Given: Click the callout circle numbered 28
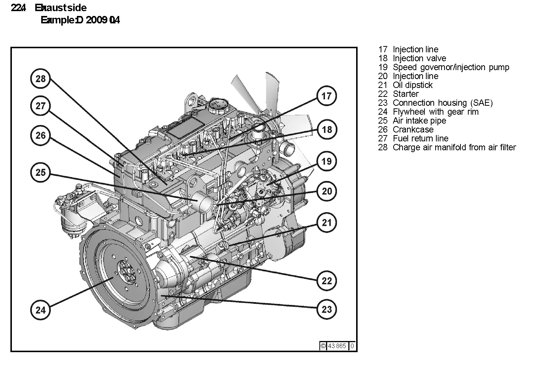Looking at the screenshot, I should click(x=40, y=78).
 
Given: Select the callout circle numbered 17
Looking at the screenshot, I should click(x=326, y=96).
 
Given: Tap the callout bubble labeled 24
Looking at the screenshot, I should click(x=40, y=309).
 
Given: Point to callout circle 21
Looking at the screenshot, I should click(x=326, y=223).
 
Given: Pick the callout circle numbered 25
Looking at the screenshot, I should click(x=40, y=172).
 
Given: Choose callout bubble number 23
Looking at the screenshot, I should click(x=326, y=309).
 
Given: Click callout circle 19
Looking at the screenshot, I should click(x=326, y=161).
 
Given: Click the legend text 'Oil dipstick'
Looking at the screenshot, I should click(x=413, y=85).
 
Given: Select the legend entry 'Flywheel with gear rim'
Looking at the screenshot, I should click(x=436, y=112).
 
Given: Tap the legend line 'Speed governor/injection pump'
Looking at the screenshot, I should click(x=451, y=67).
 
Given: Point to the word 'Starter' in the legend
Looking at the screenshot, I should click(x=406, y=94).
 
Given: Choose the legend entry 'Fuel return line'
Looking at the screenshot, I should click(x=420, y=138).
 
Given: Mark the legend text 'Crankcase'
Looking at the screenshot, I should click(x=413, y=130).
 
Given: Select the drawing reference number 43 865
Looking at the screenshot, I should click(x=337, y=346).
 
